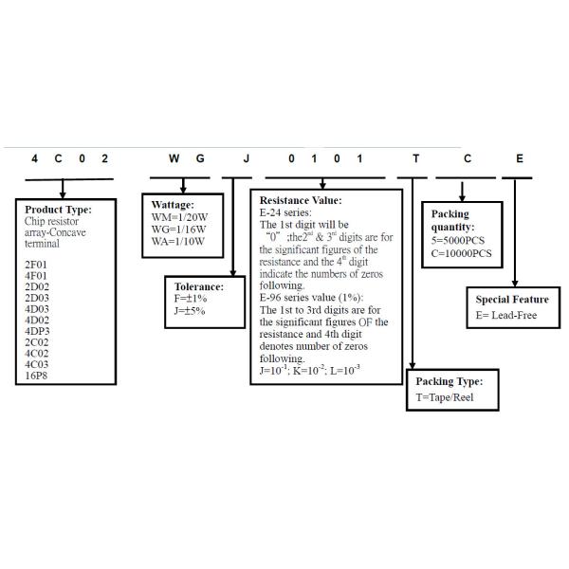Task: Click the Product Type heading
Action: pos(59,210)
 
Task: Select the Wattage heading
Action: pos(173,205)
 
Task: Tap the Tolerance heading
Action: pos(199,285)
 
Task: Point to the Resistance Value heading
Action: pos(301,201)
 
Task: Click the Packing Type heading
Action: pos(449,381)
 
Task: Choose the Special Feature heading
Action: pos(512,300)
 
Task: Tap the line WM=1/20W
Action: pos(180,218)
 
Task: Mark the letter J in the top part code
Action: pos(247,159)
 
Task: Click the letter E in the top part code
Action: pos(518,159)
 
